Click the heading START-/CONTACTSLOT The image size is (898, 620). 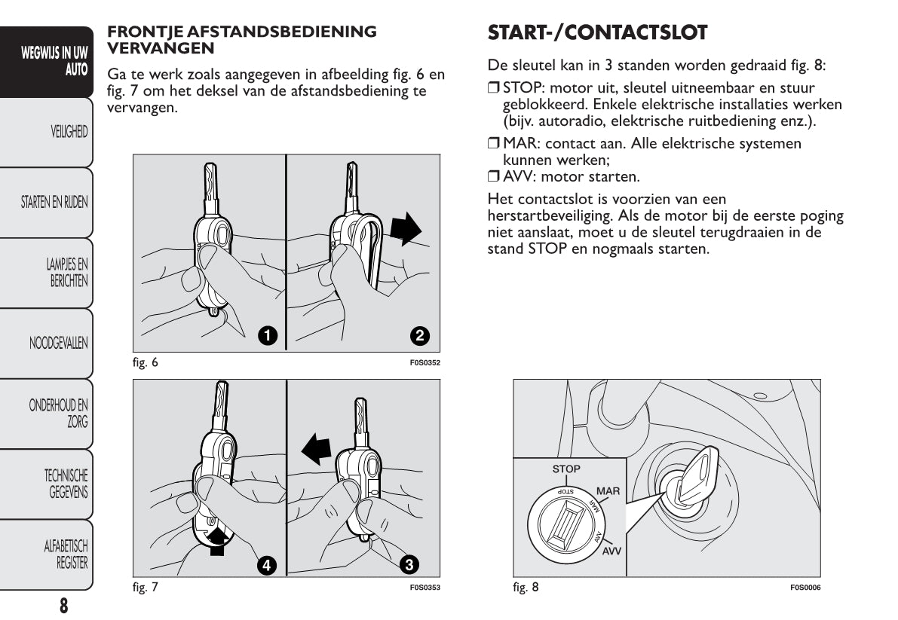[x=597, y=33]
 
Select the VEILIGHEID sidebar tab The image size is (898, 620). [x=69, y=132]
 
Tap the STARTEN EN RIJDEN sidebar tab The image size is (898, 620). [x=54, y=202]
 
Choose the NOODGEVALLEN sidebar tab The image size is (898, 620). [x=58, y=344]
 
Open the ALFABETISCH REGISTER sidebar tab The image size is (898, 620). [x=66, y=554]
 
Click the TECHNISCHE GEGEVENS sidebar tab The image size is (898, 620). [x=66, y=484]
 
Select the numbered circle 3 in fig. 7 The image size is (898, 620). [x=409, y=563]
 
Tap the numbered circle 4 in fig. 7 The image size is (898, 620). [x=265, y=564]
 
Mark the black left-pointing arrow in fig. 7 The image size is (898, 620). [x=316, y=450]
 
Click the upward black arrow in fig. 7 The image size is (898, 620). [x=218, y=539]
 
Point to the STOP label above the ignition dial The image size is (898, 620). [x=566, y=469]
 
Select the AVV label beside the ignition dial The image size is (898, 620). [x=611, y=551]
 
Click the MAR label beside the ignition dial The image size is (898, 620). [x=608, y=491]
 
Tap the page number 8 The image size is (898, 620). [x=64, y=605]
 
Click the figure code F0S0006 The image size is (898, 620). [x=805, y=588]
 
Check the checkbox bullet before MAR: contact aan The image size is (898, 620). [x=494, y=144]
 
